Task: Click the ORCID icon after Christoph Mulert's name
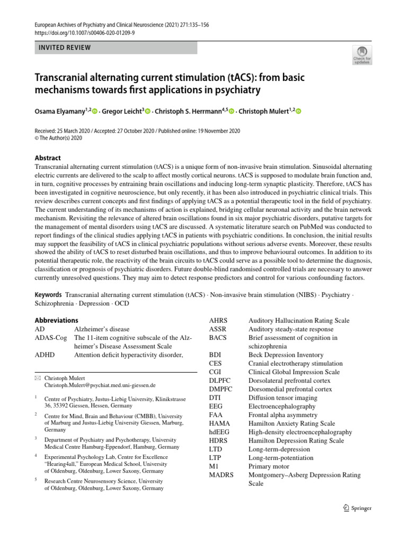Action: click(297, 111)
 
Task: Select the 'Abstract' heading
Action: click(48, 158)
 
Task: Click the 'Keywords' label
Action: click(48, 294)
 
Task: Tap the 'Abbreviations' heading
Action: click(56, 320)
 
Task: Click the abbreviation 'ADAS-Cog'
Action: click(51, 338)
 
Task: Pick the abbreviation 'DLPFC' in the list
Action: click(221, 381)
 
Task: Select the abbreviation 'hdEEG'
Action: click(220, 432)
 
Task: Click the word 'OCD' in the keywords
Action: click(121, 303)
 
